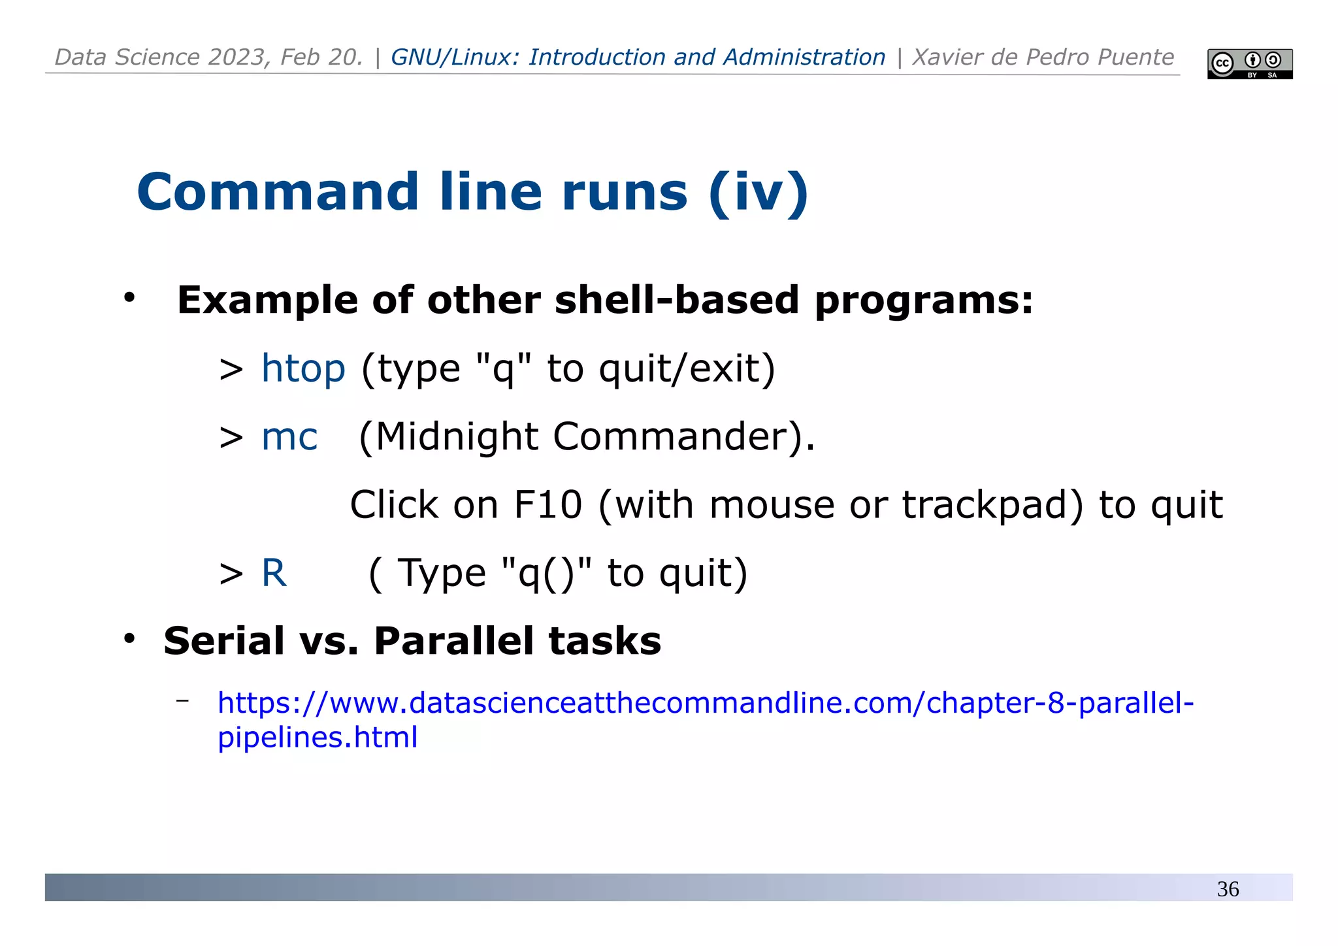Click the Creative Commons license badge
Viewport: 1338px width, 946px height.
(1249, 64)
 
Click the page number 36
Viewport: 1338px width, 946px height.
(1228, 889)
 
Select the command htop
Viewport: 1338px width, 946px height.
(303, 368)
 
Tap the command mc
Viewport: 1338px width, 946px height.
(289, 437)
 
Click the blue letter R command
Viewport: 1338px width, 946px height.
(274, 573)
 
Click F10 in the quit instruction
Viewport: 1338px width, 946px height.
(547, 505)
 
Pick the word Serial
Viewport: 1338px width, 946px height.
(224, 641)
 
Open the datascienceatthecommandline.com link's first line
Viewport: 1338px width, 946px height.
(706, 703)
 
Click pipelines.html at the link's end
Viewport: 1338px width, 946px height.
(318, 738)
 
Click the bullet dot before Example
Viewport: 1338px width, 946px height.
(129, 298)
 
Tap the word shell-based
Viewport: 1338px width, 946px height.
(677, 301)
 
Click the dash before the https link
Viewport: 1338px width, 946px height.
(182, 701)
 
